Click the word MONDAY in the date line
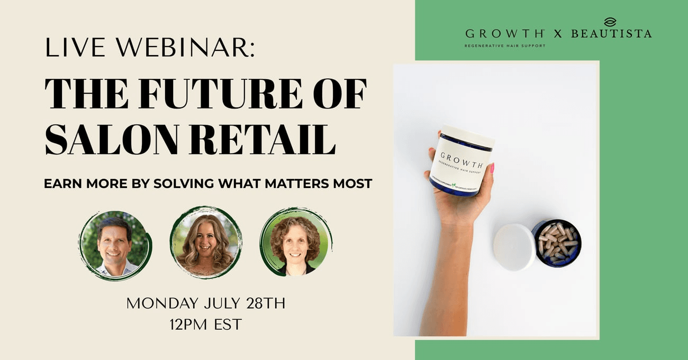(161, 304)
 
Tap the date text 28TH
(266, 304)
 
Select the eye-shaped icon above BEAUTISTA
(610, 22)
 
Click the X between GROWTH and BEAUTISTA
(557, 34)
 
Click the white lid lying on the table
(513, 247)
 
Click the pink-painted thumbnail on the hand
(492, 168)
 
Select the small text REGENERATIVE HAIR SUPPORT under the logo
(504, 46)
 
